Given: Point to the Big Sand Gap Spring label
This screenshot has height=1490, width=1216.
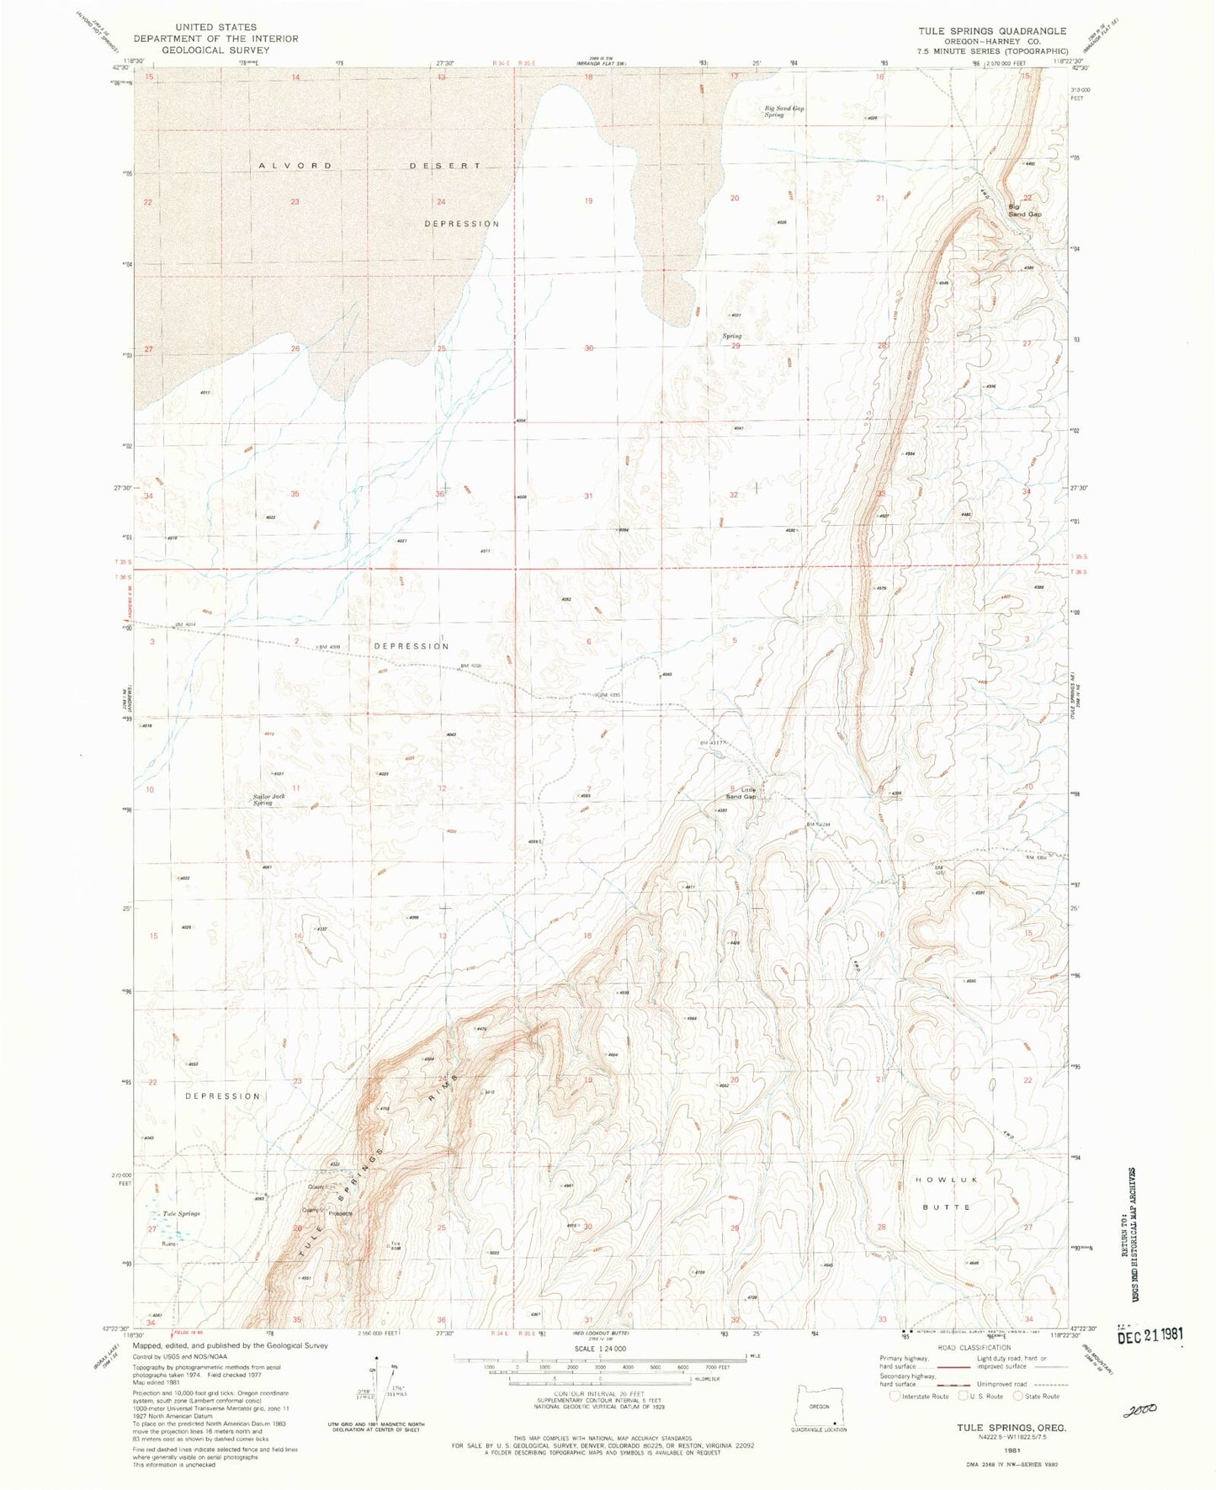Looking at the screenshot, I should point(784,111).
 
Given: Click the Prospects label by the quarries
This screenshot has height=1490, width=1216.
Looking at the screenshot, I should point(341,1213).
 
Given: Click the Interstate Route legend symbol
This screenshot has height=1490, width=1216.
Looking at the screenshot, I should point(894,1397).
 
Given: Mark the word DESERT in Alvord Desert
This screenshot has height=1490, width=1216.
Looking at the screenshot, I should point(445,166).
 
